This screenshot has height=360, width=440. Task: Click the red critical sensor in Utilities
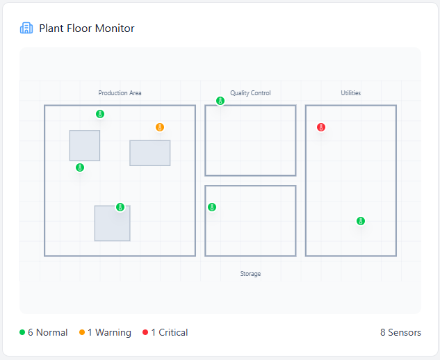321,127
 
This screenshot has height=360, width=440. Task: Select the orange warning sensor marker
160,127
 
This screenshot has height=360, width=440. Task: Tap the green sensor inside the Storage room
212,207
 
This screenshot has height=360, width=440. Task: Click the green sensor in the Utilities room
361,221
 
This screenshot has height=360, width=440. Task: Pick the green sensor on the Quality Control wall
220,101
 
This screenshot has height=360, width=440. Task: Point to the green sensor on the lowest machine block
120,207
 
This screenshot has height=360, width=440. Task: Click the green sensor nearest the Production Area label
100,114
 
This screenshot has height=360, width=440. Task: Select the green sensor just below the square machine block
80,167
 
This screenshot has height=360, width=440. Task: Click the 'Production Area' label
120,93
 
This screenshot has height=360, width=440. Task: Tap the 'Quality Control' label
250,93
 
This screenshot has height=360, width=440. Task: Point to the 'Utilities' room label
350,93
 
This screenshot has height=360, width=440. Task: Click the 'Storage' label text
250,274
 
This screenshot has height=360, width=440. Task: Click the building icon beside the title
26,28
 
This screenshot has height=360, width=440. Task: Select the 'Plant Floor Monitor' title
87,28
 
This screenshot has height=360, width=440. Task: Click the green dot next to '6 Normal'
22,333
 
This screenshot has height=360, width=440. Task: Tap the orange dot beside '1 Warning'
82,333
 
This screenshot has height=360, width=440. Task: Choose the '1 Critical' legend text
169,333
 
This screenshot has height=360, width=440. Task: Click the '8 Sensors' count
400,333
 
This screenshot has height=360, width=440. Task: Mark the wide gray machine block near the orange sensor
150,153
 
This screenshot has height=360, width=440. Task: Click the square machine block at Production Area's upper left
85,145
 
